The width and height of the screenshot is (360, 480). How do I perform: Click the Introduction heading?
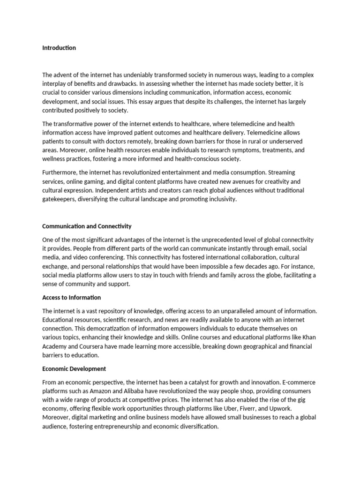click(x=59, y=48)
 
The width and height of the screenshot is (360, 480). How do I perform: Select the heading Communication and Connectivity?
click(x=87, y=226)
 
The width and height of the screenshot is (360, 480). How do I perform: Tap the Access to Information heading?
click(x=71, y=297)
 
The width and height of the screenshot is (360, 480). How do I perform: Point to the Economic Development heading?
click(x=74, y=368)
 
